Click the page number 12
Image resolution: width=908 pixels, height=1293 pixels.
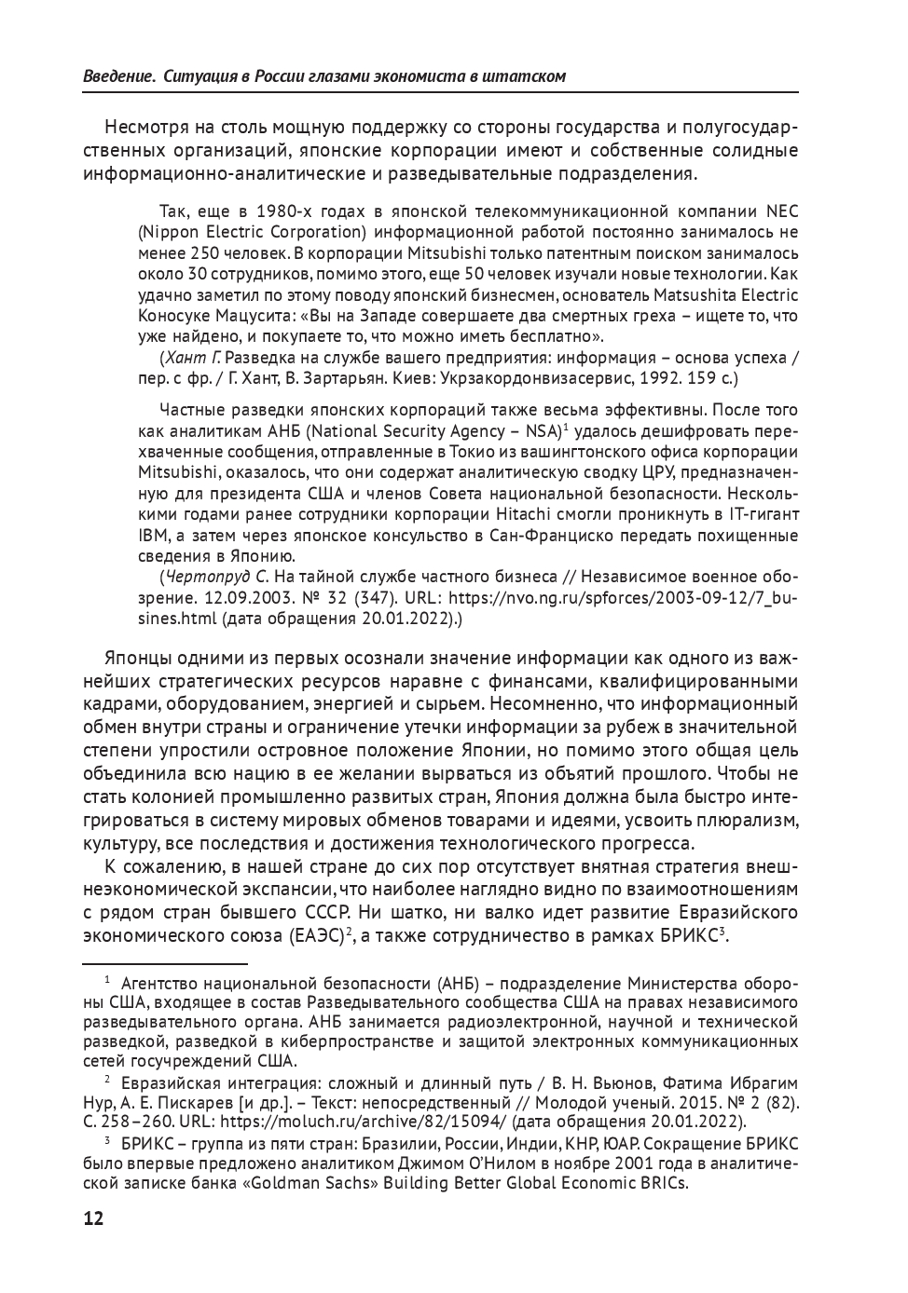(93, 1219)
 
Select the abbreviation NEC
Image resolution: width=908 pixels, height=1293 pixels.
(781, 211)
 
